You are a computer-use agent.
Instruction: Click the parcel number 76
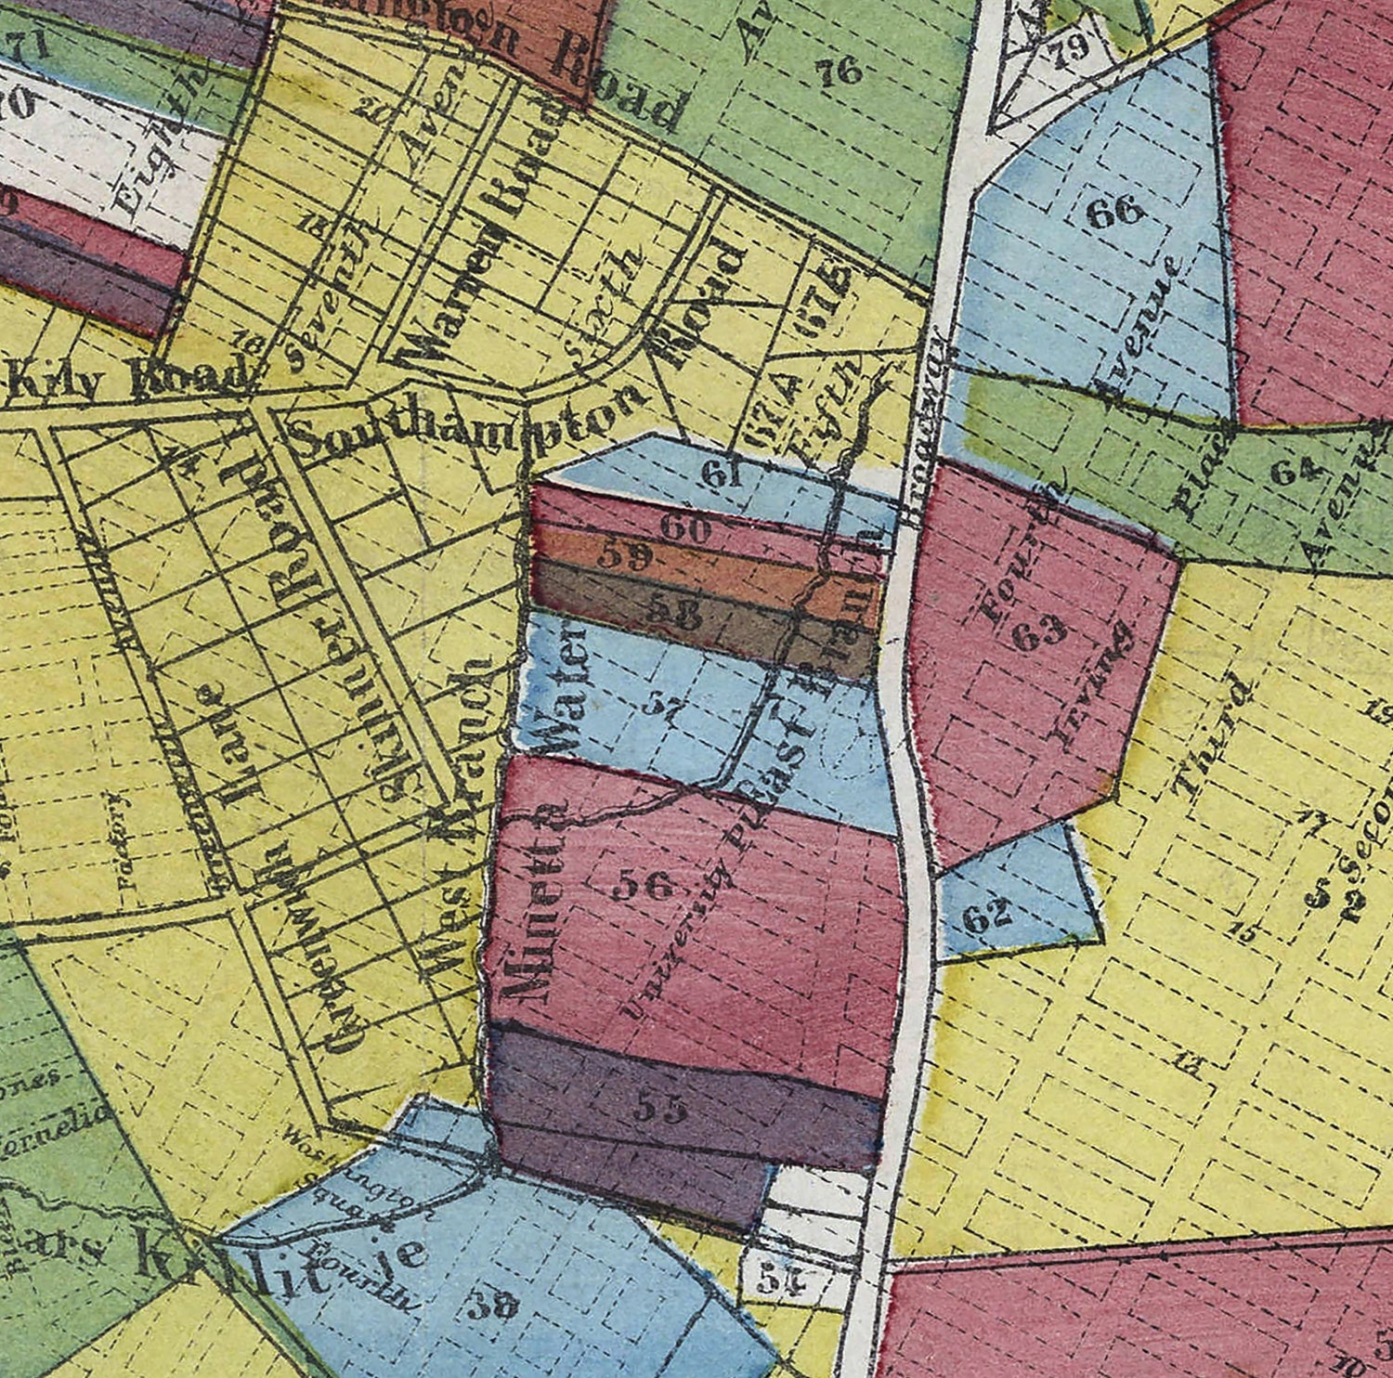tap(841, 72)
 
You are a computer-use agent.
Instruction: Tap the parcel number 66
tap(1114, 213)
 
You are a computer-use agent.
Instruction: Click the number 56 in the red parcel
tap(644, 886)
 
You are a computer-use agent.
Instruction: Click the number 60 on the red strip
tap(685, 529)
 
